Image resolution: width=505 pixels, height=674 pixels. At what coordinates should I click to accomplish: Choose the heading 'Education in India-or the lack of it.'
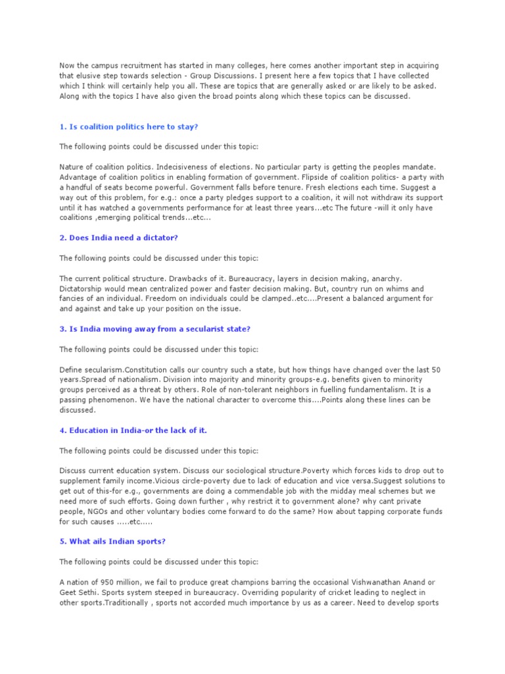click(133, 430)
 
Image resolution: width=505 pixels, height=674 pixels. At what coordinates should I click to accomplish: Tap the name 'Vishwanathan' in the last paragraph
click(360, 583)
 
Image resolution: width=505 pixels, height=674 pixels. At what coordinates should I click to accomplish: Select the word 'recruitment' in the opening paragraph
click(134, 66)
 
